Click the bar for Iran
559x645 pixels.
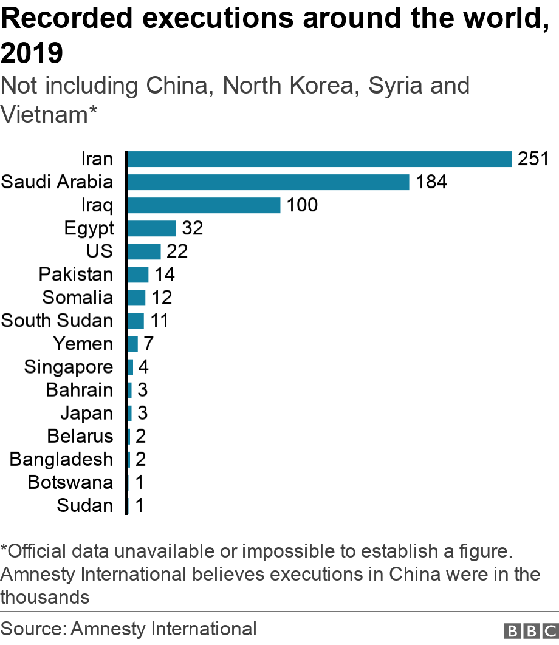320,159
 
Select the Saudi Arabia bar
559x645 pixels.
268,182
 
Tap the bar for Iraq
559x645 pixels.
204,205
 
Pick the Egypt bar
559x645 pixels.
151,228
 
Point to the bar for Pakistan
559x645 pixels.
138,275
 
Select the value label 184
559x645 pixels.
431,182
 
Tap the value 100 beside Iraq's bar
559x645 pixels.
302,205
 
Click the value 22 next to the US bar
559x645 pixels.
177,251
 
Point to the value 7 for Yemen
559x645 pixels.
149,344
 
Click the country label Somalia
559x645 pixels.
78,298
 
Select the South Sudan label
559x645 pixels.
57,321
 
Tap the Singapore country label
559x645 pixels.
69,367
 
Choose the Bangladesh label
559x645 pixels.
61,459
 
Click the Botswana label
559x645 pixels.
70,482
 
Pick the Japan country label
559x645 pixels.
86,413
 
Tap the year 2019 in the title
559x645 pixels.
32,54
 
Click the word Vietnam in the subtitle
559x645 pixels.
44,114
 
